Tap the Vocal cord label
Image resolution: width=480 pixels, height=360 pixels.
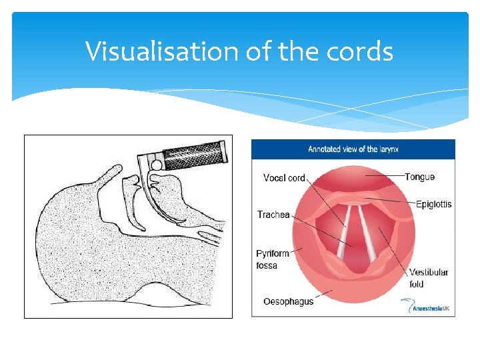(x=284, y=178)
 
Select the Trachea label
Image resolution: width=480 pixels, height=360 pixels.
(x=273, y=215)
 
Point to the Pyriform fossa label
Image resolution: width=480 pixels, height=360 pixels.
(x=273, y=259)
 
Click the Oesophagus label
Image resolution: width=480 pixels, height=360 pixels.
(x=288, y=302)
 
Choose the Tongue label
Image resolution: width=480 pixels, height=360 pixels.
(x=419, y=177)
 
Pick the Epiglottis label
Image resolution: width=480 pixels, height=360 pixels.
(x=433, y=204)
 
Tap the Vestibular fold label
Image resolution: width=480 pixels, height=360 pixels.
(x=429, y=278)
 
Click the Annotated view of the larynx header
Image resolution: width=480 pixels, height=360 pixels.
(x=353, y=149)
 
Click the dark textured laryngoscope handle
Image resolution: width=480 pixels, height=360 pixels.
(x=197, y=157)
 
